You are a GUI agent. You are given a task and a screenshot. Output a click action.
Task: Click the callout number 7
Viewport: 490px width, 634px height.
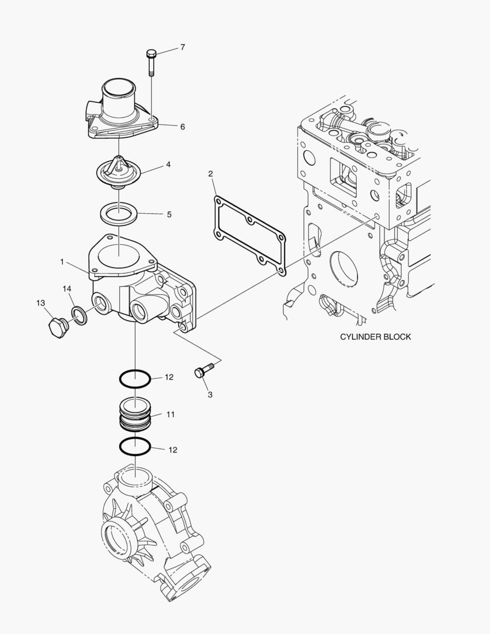[x=183, y=48]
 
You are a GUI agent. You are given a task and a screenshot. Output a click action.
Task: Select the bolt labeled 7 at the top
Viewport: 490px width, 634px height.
[x=150, y=62]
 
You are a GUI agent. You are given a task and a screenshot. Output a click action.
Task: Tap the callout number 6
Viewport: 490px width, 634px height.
[x=183, y=126]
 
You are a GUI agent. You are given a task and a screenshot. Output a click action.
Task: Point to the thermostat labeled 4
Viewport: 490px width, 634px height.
[x=119, y=171]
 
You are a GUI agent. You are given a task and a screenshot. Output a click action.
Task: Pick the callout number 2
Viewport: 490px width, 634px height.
[x=211, y=174]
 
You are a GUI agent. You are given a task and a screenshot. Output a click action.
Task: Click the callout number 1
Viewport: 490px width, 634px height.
[x=62, y=262]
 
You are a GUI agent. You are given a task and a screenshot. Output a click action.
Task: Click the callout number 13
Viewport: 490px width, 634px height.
[x=40, y=303]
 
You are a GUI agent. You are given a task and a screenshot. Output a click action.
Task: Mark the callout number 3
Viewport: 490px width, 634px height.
[x=210, y=394]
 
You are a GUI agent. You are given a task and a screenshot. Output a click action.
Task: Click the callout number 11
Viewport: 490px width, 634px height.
[x=170, y=414]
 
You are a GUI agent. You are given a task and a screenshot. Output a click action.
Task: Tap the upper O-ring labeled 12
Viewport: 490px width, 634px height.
[x=135, y=379]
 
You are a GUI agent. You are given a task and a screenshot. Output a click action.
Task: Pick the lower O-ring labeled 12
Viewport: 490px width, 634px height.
[x=135, y=447]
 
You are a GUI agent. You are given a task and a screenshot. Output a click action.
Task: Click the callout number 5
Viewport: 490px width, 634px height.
[x=169, y=214]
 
